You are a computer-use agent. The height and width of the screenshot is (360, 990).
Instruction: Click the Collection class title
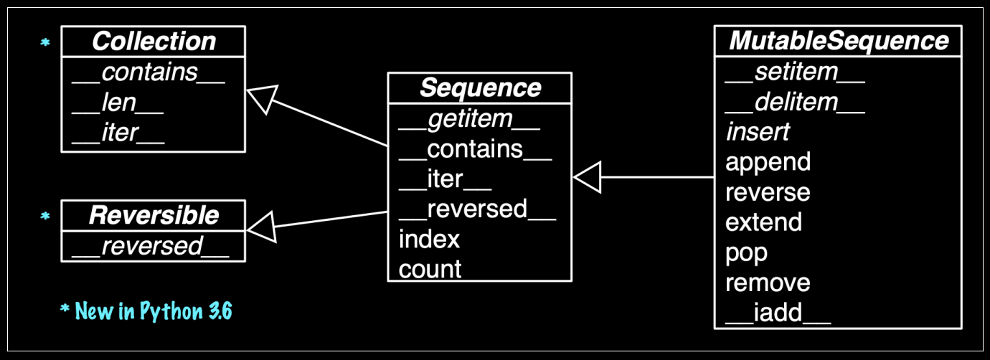point(154,42)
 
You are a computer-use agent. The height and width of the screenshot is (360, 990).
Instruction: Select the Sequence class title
point(479,88)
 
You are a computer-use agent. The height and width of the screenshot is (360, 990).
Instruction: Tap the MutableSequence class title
point(838,41)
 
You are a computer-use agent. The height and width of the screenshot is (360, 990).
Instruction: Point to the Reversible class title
point(154,215)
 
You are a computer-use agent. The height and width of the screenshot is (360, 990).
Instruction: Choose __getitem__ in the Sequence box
point(469,119)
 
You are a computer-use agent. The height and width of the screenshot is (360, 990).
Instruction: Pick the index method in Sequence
point(429,239)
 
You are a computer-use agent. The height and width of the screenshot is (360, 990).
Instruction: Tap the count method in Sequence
point(430,269)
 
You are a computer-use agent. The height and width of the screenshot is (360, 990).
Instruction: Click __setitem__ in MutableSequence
point(795,72)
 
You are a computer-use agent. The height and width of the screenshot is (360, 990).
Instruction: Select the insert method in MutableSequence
point(758,132)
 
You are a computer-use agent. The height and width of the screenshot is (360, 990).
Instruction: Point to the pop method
point(746,252)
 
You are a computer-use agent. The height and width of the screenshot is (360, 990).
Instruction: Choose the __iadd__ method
point(778,313)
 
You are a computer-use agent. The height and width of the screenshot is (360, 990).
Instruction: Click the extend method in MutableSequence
point(763,222)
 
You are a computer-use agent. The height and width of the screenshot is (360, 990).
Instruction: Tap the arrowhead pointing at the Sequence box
point(588,177)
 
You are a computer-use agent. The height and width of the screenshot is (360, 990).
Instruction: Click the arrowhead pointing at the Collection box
point(260,98)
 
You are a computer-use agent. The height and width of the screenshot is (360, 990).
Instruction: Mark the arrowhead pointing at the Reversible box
point(260,227)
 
